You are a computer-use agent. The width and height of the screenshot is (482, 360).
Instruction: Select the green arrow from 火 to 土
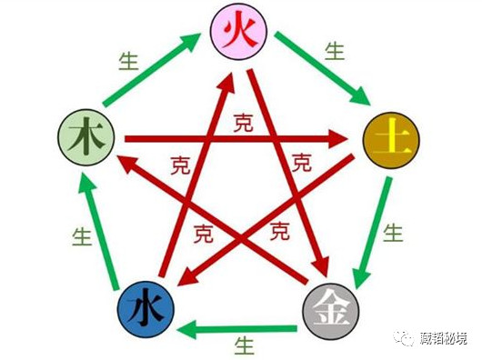pyautogui.click(x=320, y=68)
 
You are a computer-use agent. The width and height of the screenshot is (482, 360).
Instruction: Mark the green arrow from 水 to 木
pyautogui.click(x=98, y=231)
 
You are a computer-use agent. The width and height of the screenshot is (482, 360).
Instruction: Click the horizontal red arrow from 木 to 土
pyautogui.click(x=236, y=139)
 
